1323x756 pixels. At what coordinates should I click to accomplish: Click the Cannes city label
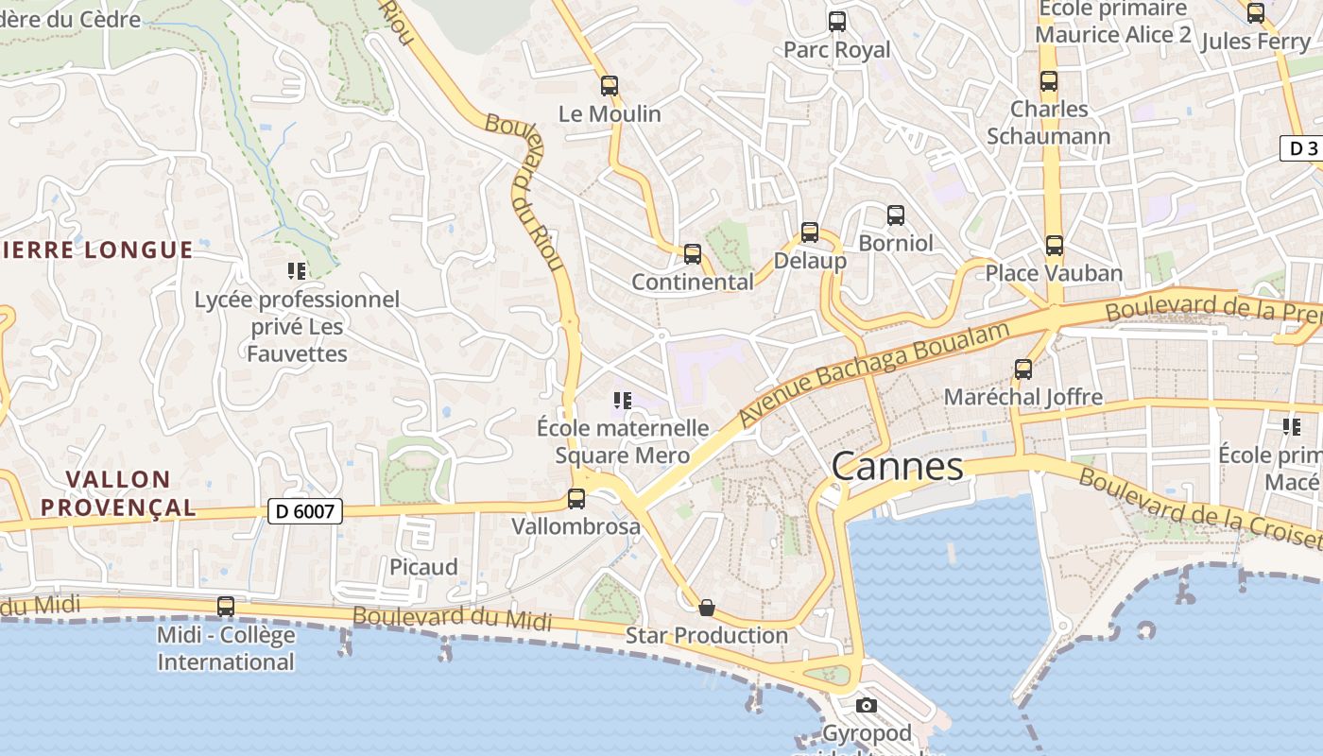point(898,466)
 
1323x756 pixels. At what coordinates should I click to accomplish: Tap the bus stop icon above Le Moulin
point(610,86)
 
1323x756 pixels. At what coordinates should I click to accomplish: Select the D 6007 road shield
point(304,511)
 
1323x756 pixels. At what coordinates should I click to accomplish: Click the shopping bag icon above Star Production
point(706,608)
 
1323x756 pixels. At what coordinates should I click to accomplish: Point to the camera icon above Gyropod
point(866,705)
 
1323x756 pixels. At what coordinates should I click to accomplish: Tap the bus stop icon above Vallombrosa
point(576,498)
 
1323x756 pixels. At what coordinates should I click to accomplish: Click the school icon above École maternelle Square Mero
point(622,401)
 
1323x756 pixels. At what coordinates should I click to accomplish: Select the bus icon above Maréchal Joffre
point(1022,369)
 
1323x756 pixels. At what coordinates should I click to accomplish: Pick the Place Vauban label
point(1054,273)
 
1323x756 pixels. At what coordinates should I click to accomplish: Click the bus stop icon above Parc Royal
point(836,21)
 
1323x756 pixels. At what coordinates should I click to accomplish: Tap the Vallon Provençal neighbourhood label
point(118,493)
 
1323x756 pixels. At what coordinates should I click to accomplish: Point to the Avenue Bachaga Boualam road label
point(874,370)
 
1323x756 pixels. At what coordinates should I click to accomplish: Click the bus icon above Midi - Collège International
point(226,607)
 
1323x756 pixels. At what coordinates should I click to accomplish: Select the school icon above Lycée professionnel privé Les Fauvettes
point(297,271)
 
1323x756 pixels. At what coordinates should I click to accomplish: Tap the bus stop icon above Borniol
point(895,215)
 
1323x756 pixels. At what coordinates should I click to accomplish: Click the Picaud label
point(423,567)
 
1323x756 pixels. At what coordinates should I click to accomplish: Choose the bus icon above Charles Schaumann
point(1049,81)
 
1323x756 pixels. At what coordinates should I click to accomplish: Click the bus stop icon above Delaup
point(809,232)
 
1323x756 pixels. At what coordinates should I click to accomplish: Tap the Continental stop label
point(693,282)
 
